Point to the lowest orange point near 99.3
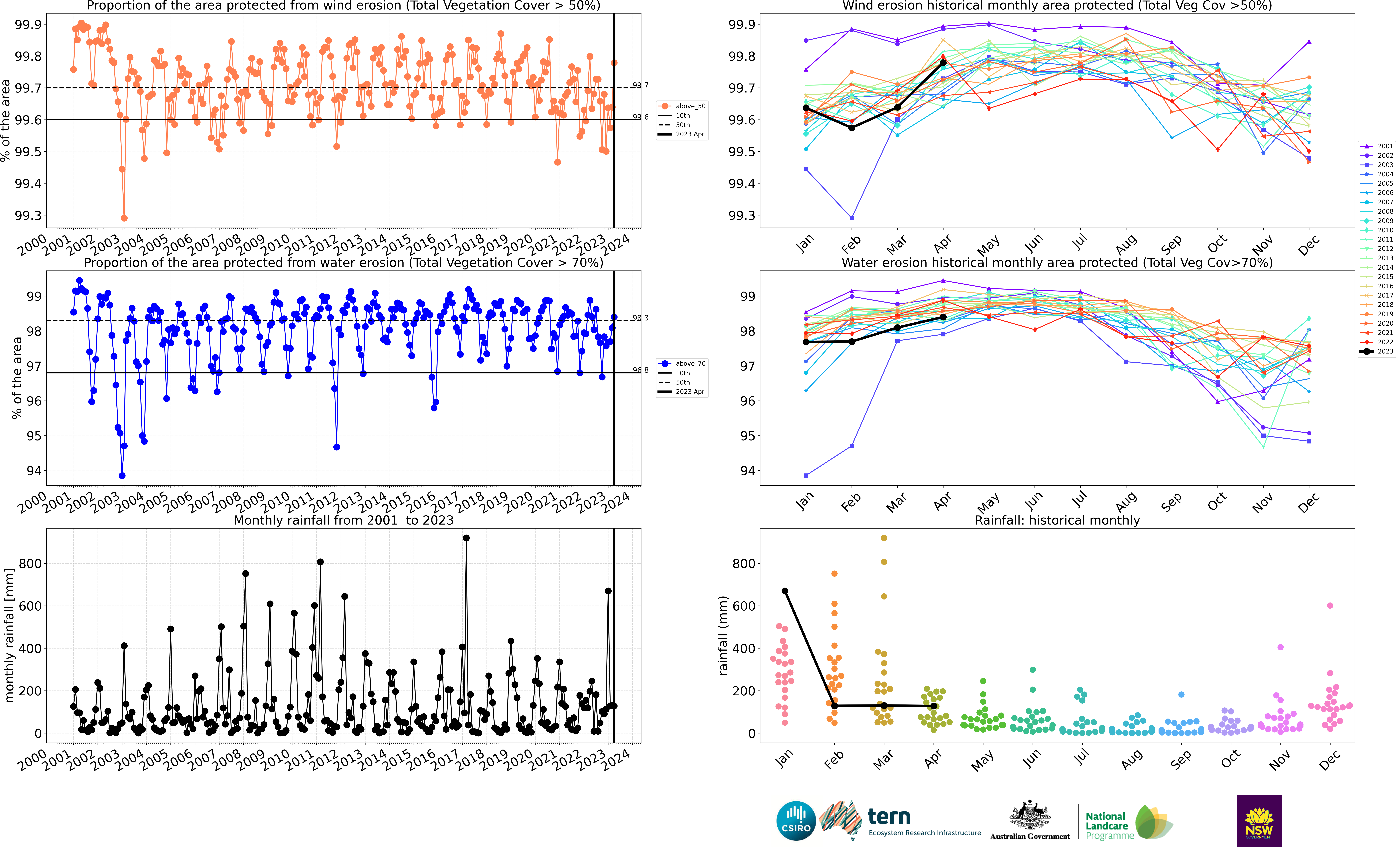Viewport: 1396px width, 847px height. tap(124, 218)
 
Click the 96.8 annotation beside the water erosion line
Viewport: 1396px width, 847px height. tap(640, 370)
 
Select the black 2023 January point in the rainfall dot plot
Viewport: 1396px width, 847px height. tap(785, 591)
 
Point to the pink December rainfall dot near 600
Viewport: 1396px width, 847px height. tap(1330, 606)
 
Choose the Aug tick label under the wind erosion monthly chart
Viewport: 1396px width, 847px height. tap(1126, 244)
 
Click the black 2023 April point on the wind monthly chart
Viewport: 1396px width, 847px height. tap(943, 63)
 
